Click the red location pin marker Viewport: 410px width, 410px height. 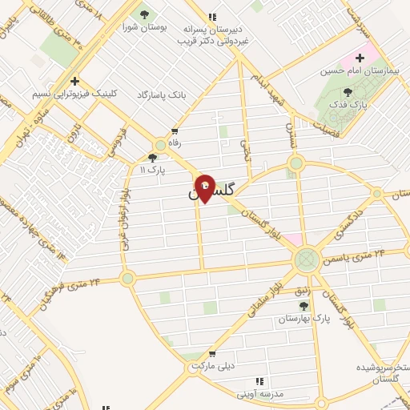(x=205, y=187)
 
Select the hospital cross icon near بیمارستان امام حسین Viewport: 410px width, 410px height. (x=360, y=58)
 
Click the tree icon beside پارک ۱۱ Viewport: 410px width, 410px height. (x=153, y=159)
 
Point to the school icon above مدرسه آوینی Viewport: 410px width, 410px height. (x=259, y=381)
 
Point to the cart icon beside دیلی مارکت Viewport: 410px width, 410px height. (x=211, y=354)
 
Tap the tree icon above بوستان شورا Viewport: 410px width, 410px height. (x=144, y=14)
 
